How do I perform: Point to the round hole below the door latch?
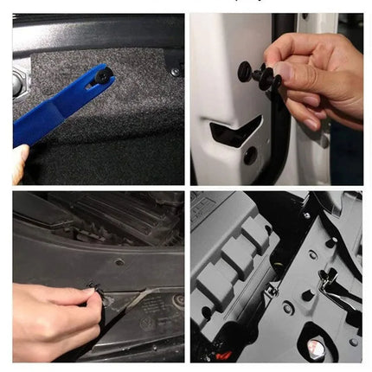click(250, 156)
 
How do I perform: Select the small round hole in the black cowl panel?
click(119, 262)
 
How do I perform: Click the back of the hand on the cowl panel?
click(43, 307)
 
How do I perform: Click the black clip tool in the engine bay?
click(329, 281)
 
